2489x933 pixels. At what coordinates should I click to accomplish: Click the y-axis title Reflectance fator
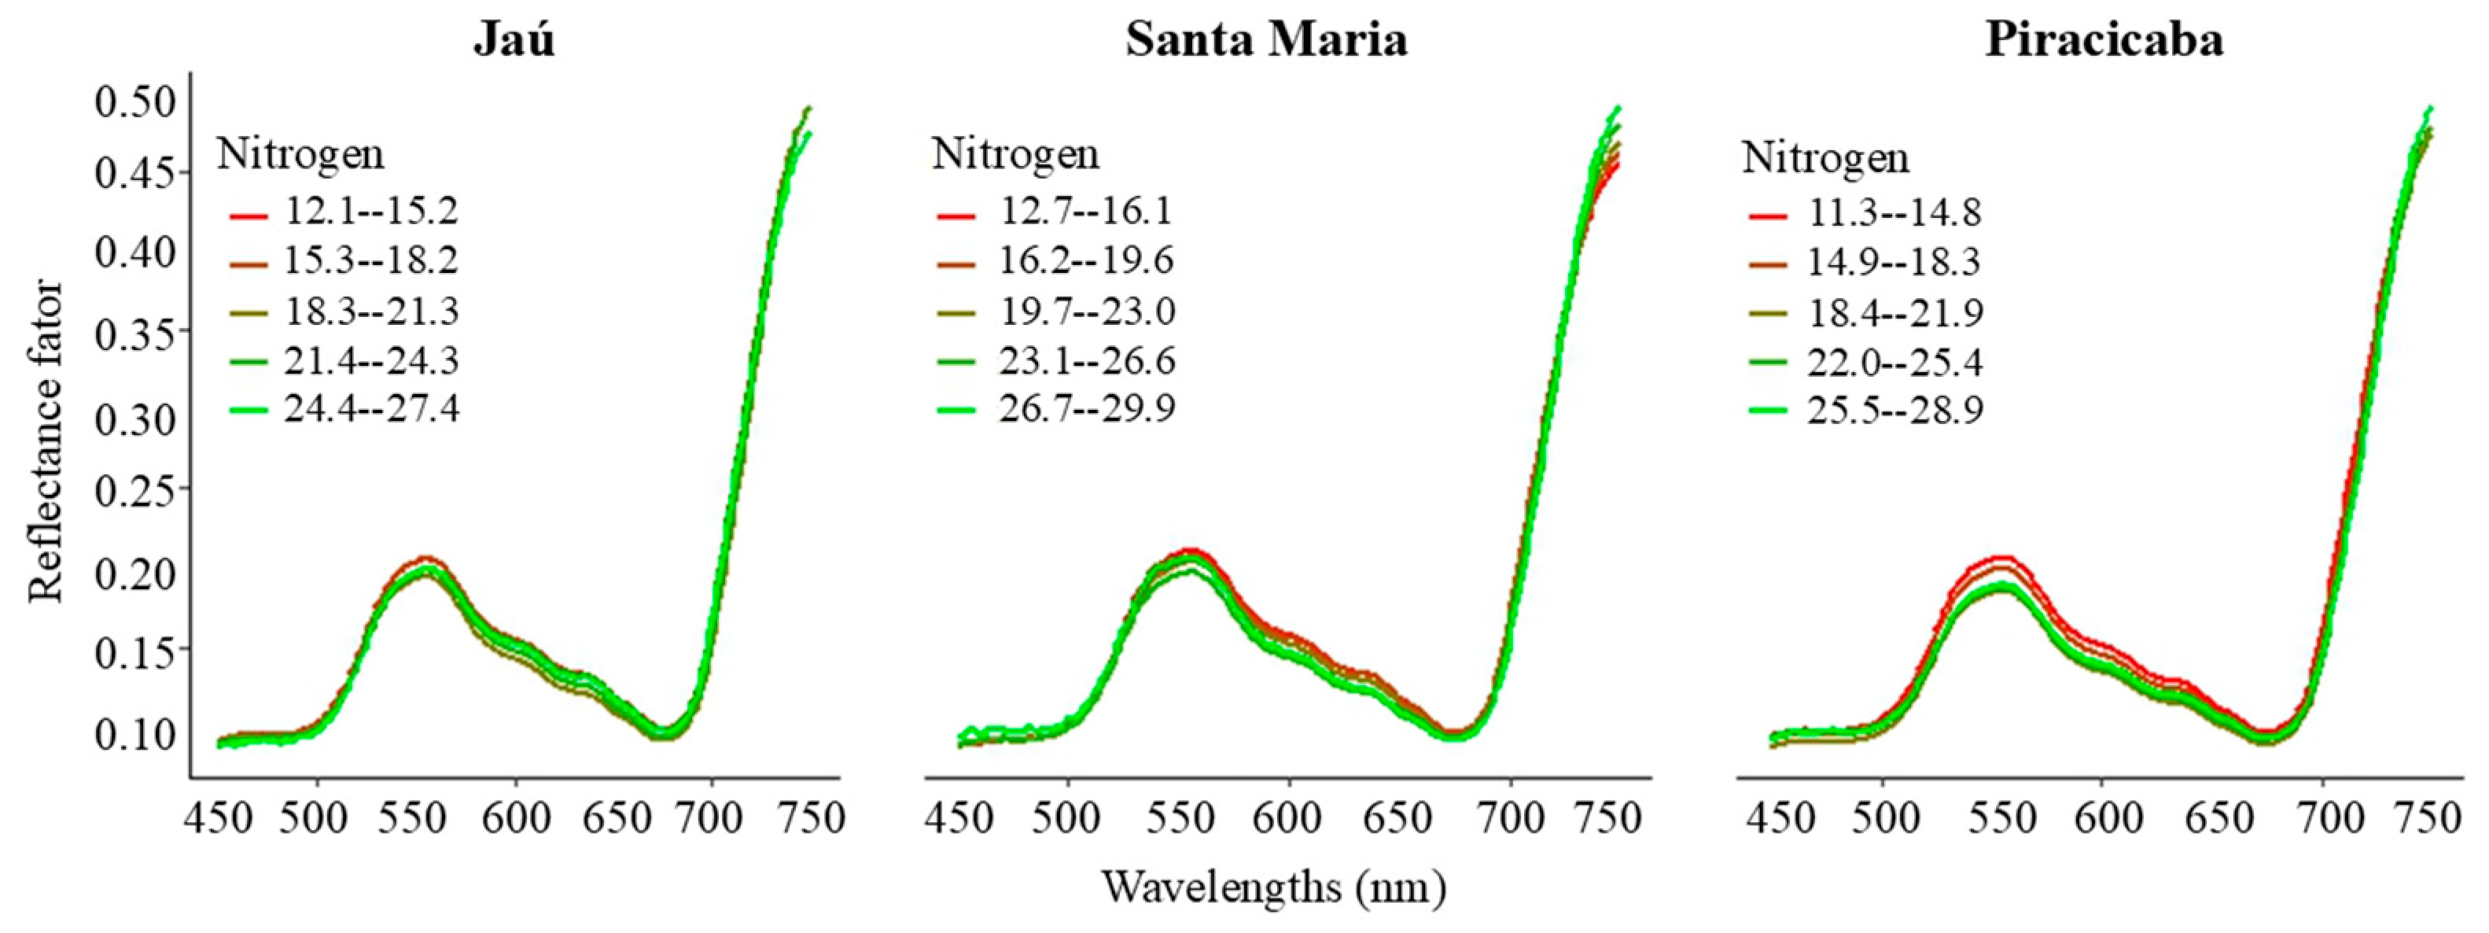pyautogui.click(x=46, y=442)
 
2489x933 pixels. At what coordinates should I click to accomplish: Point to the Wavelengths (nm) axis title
pyautogui.click(x=1273, y=887)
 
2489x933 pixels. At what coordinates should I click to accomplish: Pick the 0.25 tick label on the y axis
pyautogui.click(x=135, y=491)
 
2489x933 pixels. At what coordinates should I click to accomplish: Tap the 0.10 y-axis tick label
pyautogui.click(x=135, y=734)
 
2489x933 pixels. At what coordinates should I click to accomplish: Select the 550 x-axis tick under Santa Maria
pyautogui.click(x=1178, y=819)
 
